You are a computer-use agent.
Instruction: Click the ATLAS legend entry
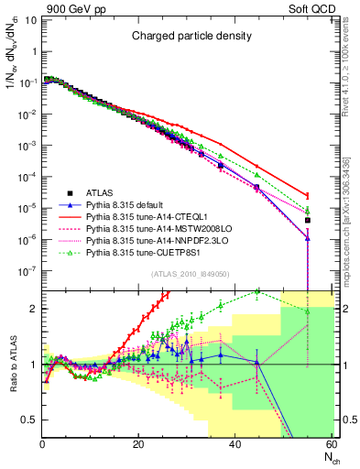100,192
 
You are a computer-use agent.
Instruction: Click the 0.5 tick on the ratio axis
30,420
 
